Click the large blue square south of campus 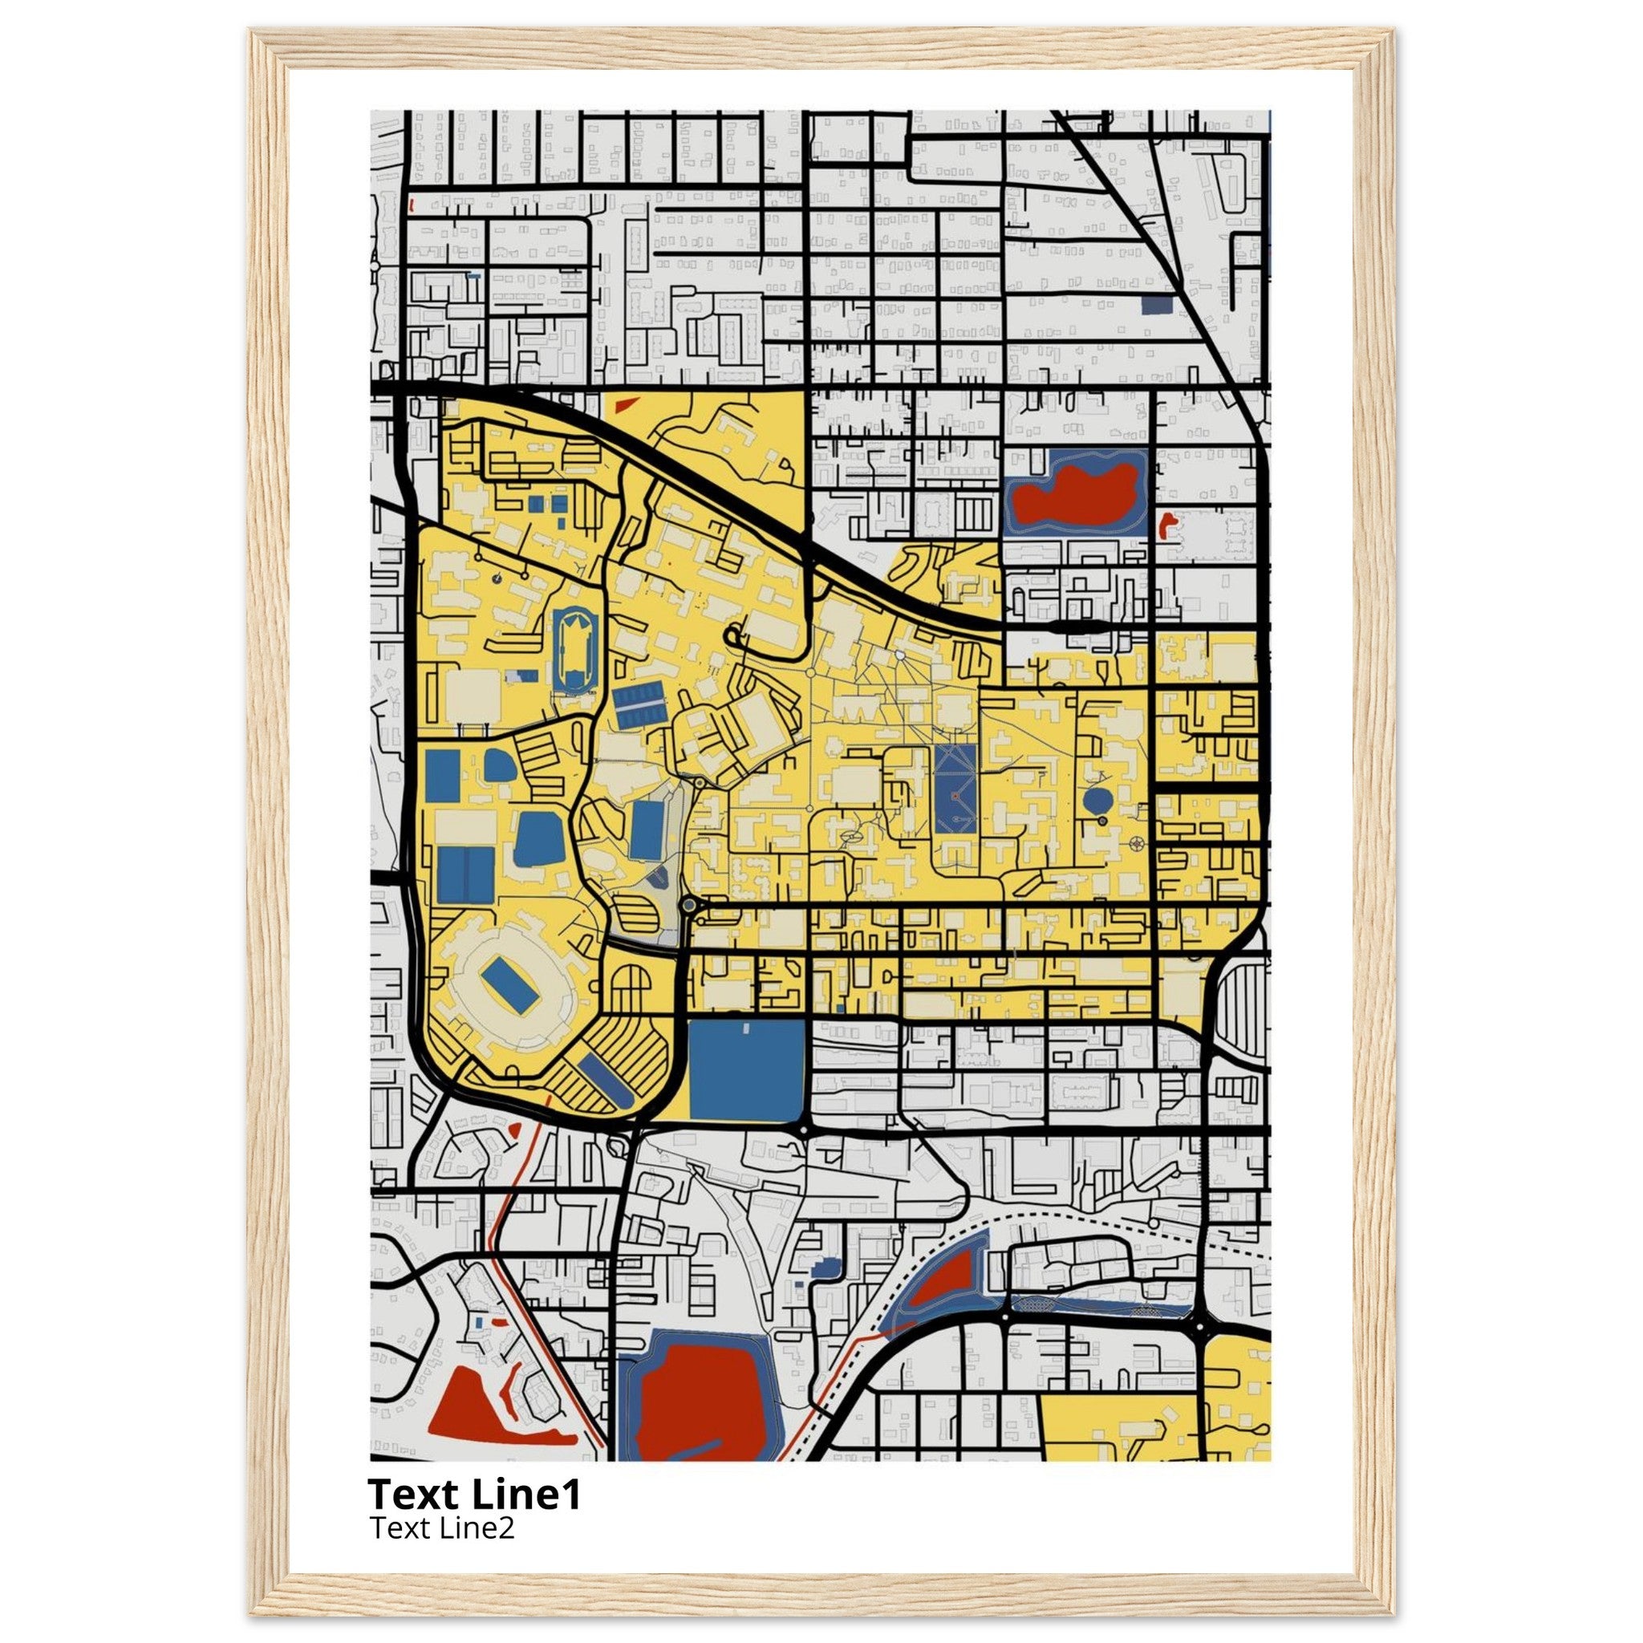tap(746, 1070)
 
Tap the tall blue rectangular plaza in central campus tap(955, 789)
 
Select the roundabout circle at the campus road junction tap(689, 907)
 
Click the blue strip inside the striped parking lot tap(606, 1080)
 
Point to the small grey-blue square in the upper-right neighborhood tap(1157, 304)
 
